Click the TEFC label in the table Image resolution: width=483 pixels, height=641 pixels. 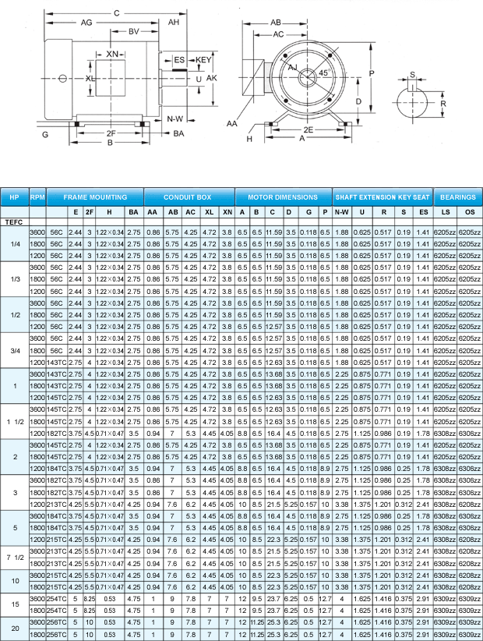14,223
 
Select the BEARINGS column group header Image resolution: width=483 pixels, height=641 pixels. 457,197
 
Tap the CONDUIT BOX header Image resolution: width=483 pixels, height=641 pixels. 189,197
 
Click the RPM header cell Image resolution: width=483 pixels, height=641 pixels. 37,197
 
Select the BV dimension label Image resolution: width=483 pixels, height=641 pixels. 133,32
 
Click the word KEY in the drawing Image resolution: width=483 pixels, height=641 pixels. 203,60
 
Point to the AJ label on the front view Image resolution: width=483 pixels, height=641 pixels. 294,68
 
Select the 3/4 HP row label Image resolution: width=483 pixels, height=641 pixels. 14,353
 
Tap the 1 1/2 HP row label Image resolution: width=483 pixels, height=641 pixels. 14,422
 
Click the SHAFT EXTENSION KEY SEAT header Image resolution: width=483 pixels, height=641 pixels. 383,197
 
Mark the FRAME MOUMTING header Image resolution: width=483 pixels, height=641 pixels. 95,197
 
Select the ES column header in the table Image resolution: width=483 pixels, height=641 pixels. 422,211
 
